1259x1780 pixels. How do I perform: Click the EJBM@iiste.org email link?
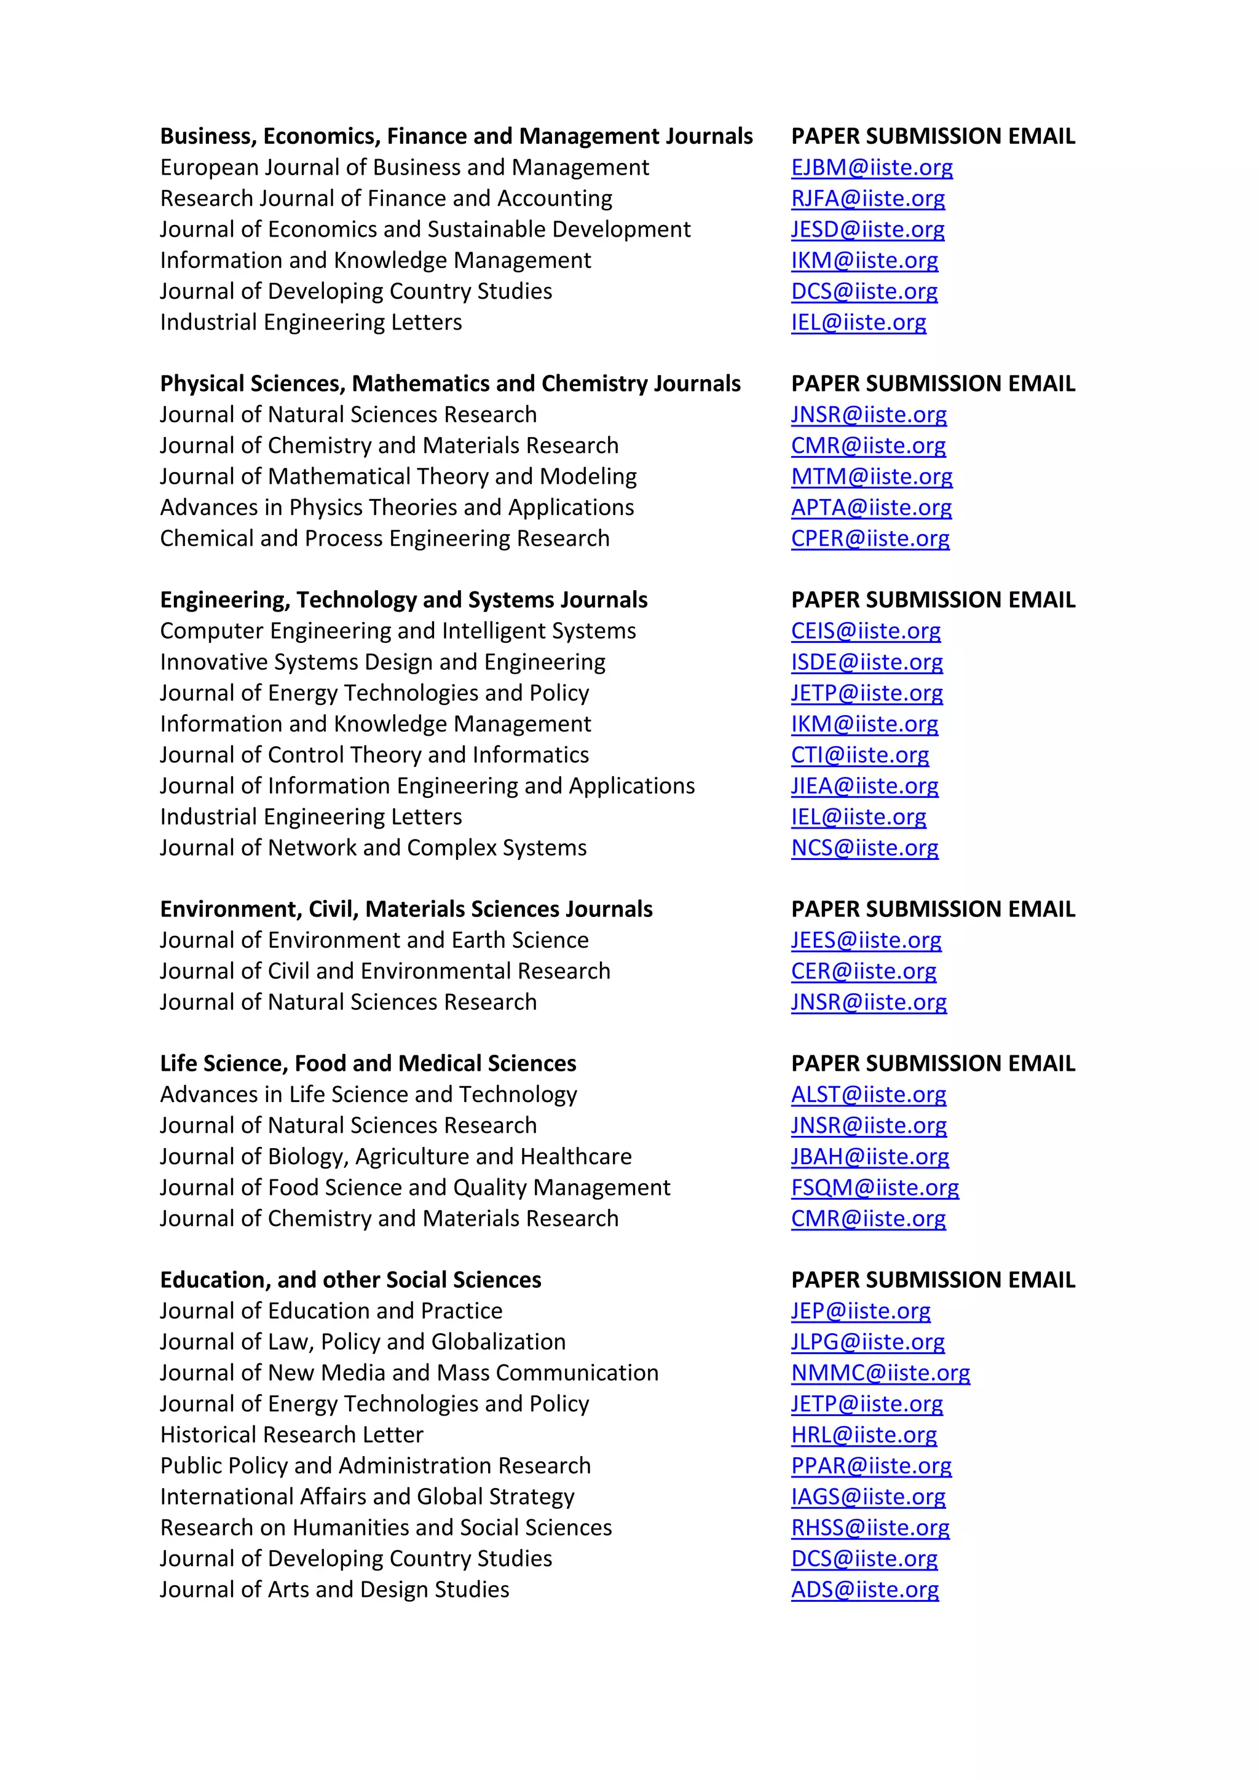871,167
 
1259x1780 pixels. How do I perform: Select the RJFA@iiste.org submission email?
867,199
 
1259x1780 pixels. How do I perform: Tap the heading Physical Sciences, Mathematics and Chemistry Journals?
449,384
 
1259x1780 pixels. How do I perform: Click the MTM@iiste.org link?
871,477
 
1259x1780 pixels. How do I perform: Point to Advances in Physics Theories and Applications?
397,508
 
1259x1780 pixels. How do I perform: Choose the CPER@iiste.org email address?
870,539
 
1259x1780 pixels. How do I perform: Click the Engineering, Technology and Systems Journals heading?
403,600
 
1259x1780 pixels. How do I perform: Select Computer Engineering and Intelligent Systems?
398,631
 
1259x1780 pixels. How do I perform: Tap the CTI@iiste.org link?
860,755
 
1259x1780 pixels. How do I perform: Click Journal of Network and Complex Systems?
373,848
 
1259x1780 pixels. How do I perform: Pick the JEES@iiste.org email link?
866,940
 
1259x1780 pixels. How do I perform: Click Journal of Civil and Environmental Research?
384,971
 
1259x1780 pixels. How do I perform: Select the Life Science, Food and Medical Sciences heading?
368,1064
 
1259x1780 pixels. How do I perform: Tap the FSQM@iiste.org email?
875,1187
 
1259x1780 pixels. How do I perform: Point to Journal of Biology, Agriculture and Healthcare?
395,1157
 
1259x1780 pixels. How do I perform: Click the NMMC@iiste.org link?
880,1373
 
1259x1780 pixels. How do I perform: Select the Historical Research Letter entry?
291,1435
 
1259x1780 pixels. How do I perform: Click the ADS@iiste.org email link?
864,1590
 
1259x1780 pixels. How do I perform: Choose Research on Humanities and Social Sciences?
385,1528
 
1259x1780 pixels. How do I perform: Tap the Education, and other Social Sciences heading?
350,1280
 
